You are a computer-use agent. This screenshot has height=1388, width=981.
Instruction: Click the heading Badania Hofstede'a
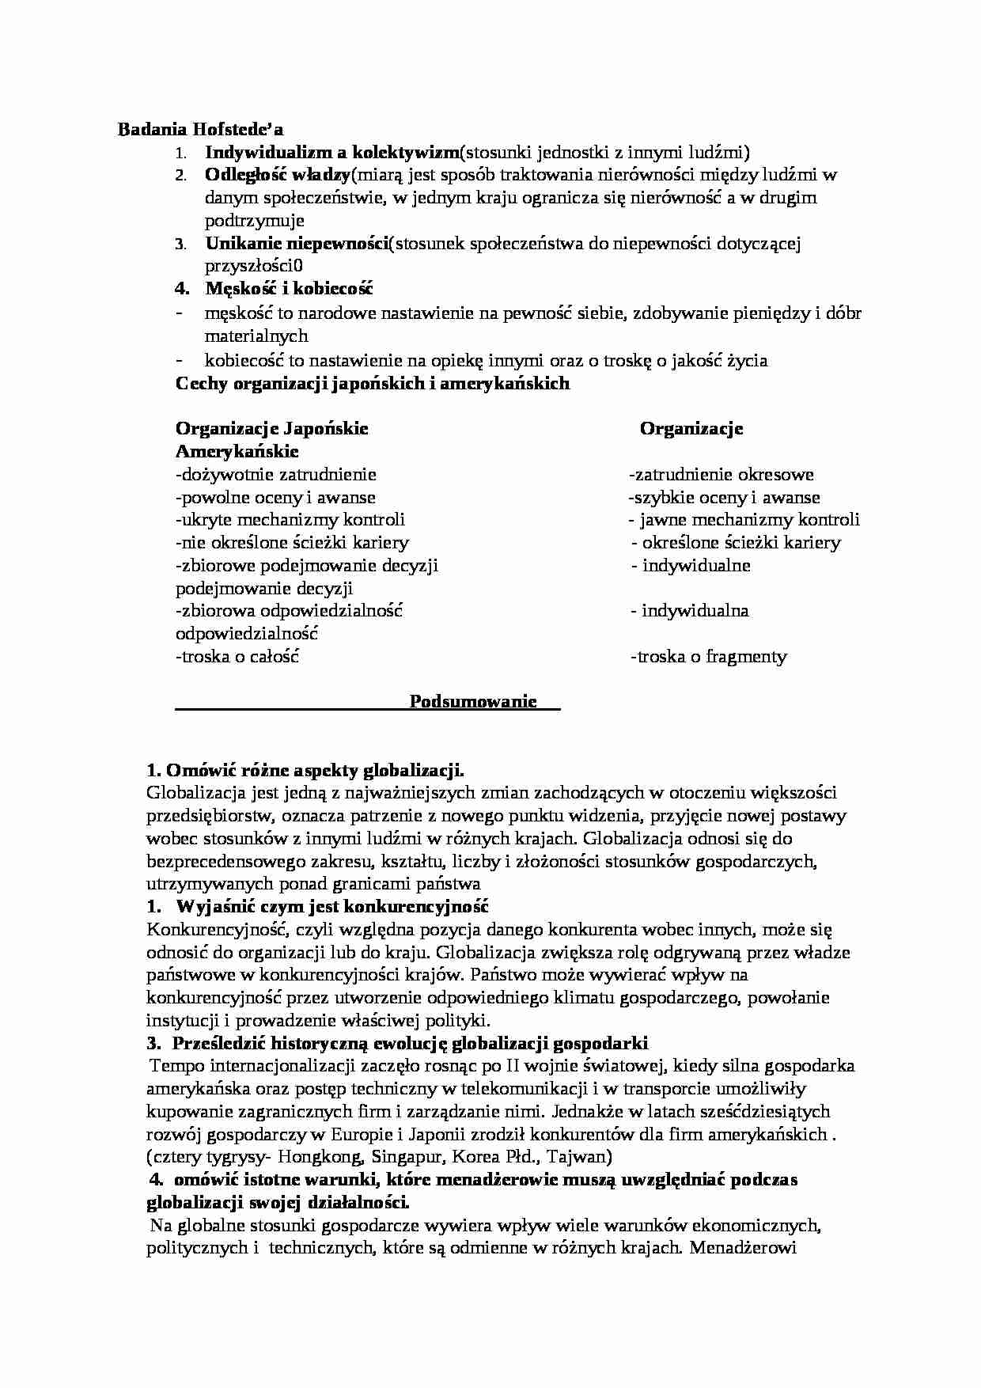coord(200,129)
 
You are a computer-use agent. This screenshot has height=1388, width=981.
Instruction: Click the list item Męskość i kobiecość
coord(289,290)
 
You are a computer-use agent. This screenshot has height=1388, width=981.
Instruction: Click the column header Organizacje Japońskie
coord(271,429)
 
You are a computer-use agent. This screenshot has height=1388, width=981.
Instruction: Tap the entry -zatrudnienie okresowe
coord(721,475)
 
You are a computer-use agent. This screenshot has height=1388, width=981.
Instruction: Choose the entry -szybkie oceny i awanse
coord(723,498)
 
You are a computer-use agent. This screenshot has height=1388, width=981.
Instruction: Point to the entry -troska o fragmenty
coord(708,656)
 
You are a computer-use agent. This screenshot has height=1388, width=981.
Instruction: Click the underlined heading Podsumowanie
coord(473,702)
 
